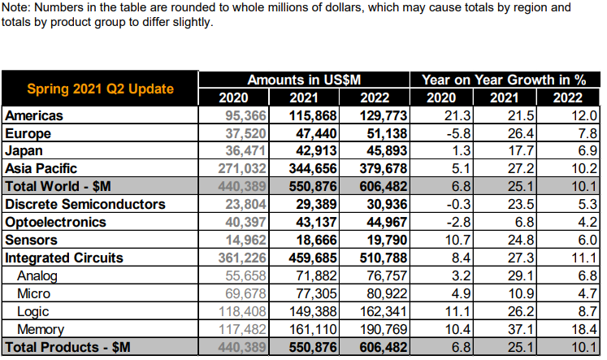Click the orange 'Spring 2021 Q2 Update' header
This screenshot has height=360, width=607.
click(x=101, y=89)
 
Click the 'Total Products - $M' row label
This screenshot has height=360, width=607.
click(x=67, y=347)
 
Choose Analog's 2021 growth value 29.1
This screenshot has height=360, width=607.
click(x=514, y=275)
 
